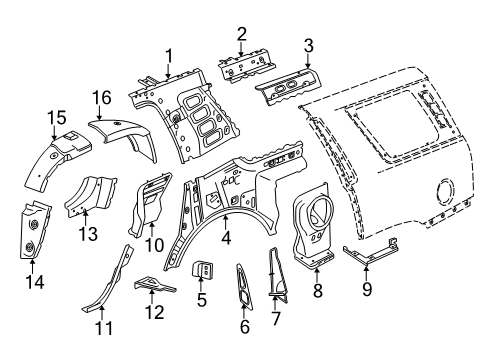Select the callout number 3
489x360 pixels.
pos(309,45)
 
